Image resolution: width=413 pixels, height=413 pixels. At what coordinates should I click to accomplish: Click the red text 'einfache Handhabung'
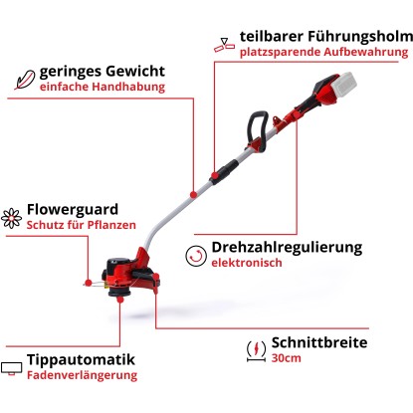pyautogui.click(x=102, y=88)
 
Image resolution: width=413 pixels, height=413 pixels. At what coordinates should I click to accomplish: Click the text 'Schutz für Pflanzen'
pyautogui.click(x=89, y=226)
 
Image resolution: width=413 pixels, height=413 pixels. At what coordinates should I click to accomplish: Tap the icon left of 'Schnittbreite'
pyautogui.click(x=255, y=350)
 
